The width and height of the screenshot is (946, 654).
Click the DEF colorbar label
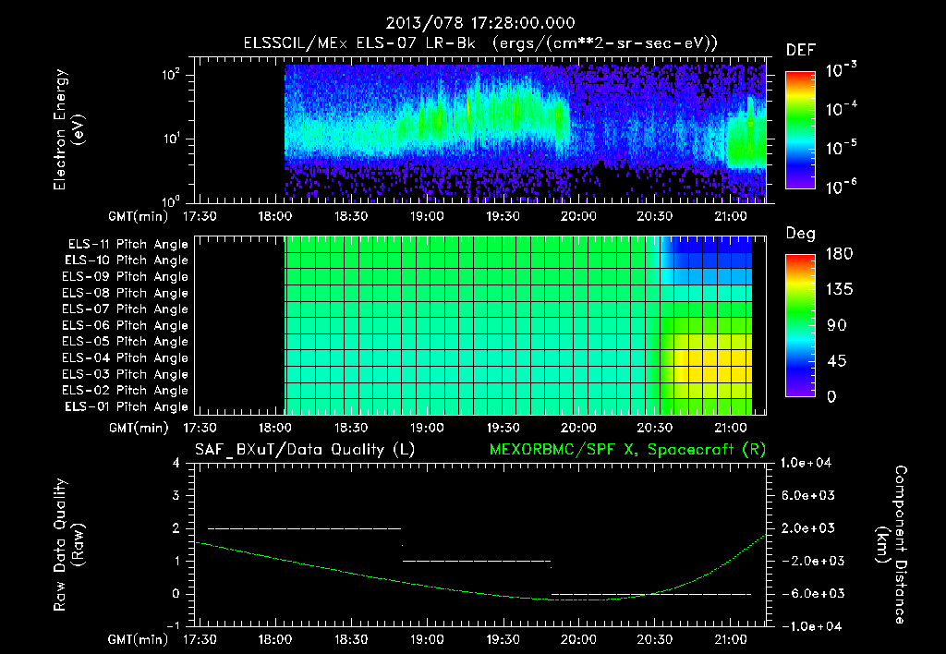[799, 50]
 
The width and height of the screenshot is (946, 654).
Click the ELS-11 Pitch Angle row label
[127, 245]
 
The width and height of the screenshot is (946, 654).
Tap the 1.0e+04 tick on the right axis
[808, 463]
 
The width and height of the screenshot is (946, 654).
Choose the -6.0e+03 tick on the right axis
[808, 593]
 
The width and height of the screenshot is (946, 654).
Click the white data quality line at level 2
[305, 528]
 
